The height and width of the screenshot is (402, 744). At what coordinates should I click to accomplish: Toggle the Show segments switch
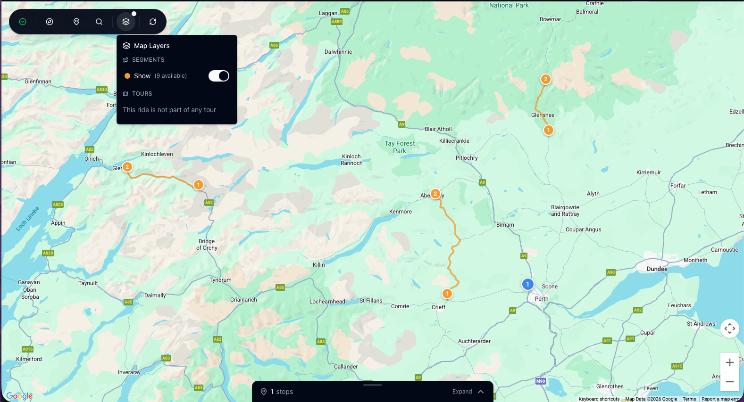tap(219, 76)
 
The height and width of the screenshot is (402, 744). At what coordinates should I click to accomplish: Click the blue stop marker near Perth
tap(527, 284)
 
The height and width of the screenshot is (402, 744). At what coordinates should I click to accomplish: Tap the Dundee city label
tap(657, 269)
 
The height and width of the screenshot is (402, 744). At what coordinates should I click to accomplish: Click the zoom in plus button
tap(729, 362)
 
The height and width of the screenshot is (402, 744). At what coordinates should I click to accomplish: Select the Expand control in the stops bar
tap(468, 392)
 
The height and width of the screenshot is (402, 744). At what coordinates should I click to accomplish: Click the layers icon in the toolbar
tap(126, 22)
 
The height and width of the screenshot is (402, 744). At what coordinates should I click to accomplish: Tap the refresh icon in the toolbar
tap(153, 22)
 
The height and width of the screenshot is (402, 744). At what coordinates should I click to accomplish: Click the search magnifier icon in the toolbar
tap(99, 22)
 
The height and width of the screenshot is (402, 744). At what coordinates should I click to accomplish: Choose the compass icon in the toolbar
tap(50, 22)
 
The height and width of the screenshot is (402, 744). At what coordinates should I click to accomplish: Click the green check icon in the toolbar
tap(23, 22)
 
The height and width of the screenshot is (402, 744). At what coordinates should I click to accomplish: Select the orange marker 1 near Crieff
tap(447, 294)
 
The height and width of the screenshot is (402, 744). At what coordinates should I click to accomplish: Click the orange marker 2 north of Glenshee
tap(545, 79)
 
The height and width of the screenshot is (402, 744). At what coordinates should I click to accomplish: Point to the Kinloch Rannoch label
tap(351, 160)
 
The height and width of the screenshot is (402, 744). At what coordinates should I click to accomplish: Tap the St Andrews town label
tap(701, 324)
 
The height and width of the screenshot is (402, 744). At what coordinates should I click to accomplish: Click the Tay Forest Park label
tap(400, 147)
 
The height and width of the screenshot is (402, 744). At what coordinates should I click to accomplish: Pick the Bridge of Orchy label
tap(207, 245)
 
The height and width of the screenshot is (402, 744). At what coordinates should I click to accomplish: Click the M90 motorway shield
tap(541, 381)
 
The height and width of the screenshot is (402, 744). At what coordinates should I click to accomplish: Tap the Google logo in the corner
tap(19, 396)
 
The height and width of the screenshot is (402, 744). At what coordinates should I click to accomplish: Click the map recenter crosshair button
tap(729, 328)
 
